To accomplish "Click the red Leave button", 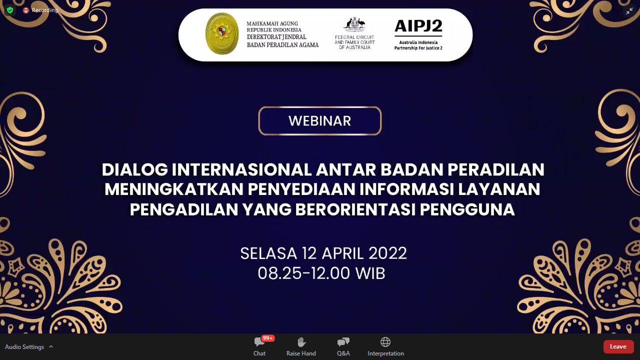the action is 618,346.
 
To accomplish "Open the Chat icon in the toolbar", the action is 259,341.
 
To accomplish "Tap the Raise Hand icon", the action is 301,341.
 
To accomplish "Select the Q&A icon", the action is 343,341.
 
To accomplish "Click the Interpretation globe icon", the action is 385,341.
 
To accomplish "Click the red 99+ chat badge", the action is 267,338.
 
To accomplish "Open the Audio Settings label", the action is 24,347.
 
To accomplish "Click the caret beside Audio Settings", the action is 51,346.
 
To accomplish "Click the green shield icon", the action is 10,10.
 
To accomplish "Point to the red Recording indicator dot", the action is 26,10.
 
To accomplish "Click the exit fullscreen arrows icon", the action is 629,11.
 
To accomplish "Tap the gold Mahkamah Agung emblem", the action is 222,33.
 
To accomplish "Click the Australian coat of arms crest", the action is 354,24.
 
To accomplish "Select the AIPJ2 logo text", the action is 418,26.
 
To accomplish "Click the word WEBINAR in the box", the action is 319,121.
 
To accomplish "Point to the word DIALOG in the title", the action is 134,169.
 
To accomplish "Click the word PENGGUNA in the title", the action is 467,209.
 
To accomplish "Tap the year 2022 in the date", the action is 387,253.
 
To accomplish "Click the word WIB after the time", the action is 370,273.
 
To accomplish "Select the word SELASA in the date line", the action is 268,253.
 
